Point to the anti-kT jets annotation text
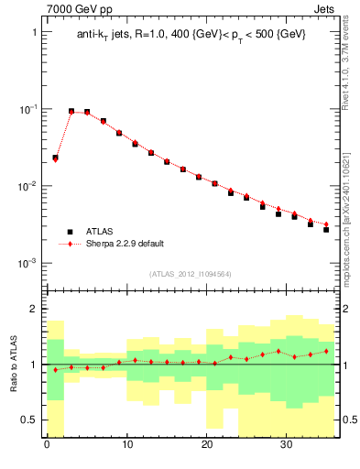tap(191, 35)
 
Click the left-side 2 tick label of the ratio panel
tap(34, 310)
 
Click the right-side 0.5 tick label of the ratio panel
tap(348, 420)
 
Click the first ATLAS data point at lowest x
tap(55, 158)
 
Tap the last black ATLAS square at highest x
tap(326, 229)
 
